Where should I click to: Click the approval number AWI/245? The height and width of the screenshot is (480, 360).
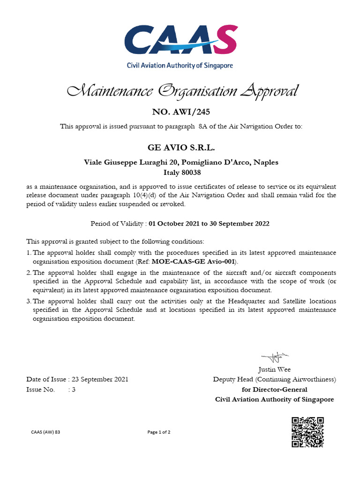pos(180,112)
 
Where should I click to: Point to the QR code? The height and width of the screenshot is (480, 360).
pos(307,432)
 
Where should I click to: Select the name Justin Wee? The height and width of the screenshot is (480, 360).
pos(274,369)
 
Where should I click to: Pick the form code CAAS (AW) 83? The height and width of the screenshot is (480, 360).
pos(45,432)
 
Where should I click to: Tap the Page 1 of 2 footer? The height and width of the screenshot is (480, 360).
pos(159,432)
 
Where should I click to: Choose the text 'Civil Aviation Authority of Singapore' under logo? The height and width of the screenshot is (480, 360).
pos(180,66)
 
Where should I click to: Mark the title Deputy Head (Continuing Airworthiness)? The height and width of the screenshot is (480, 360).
pos(274,379)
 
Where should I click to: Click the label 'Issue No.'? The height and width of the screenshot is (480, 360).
pos(40,390)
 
